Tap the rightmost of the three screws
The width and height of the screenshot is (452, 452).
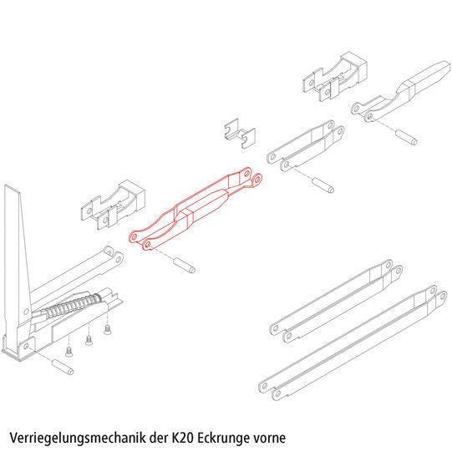point(107,330)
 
